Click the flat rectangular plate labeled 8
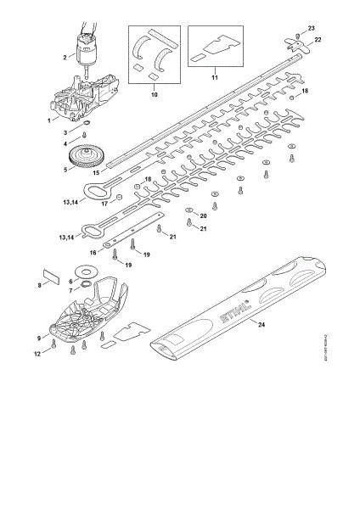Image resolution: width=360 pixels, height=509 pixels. (53, 276)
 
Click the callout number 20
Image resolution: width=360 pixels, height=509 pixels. (203, 217)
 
